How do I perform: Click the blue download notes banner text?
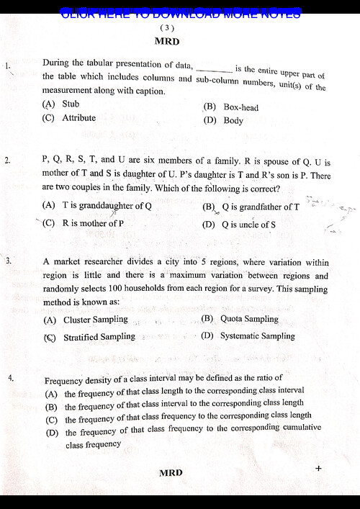(180, 13)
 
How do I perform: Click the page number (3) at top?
(168, 27)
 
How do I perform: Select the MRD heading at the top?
(167, 41)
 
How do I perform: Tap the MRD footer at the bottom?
(171, 472)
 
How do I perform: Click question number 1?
(7, 66)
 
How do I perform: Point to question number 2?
(7, 161)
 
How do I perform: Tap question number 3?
(9, 261)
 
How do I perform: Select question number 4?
(10, 377)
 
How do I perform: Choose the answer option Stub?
(71, 104)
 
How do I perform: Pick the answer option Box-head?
(240, 107)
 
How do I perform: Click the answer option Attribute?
(78, 117)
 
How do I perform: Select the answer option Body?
(233, 121)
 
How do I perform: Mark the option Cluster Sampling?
(95, 319)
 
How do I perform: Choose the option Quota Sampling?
(249, 318)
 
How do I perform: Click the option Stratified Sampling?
(99, 336)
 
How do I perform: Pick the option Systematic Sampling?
(257, 335)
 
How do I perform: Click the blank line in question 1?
(214, 71)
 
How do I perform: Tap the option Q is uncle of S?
(248, 224)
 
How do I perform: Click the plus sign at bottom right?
(318, 468)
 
